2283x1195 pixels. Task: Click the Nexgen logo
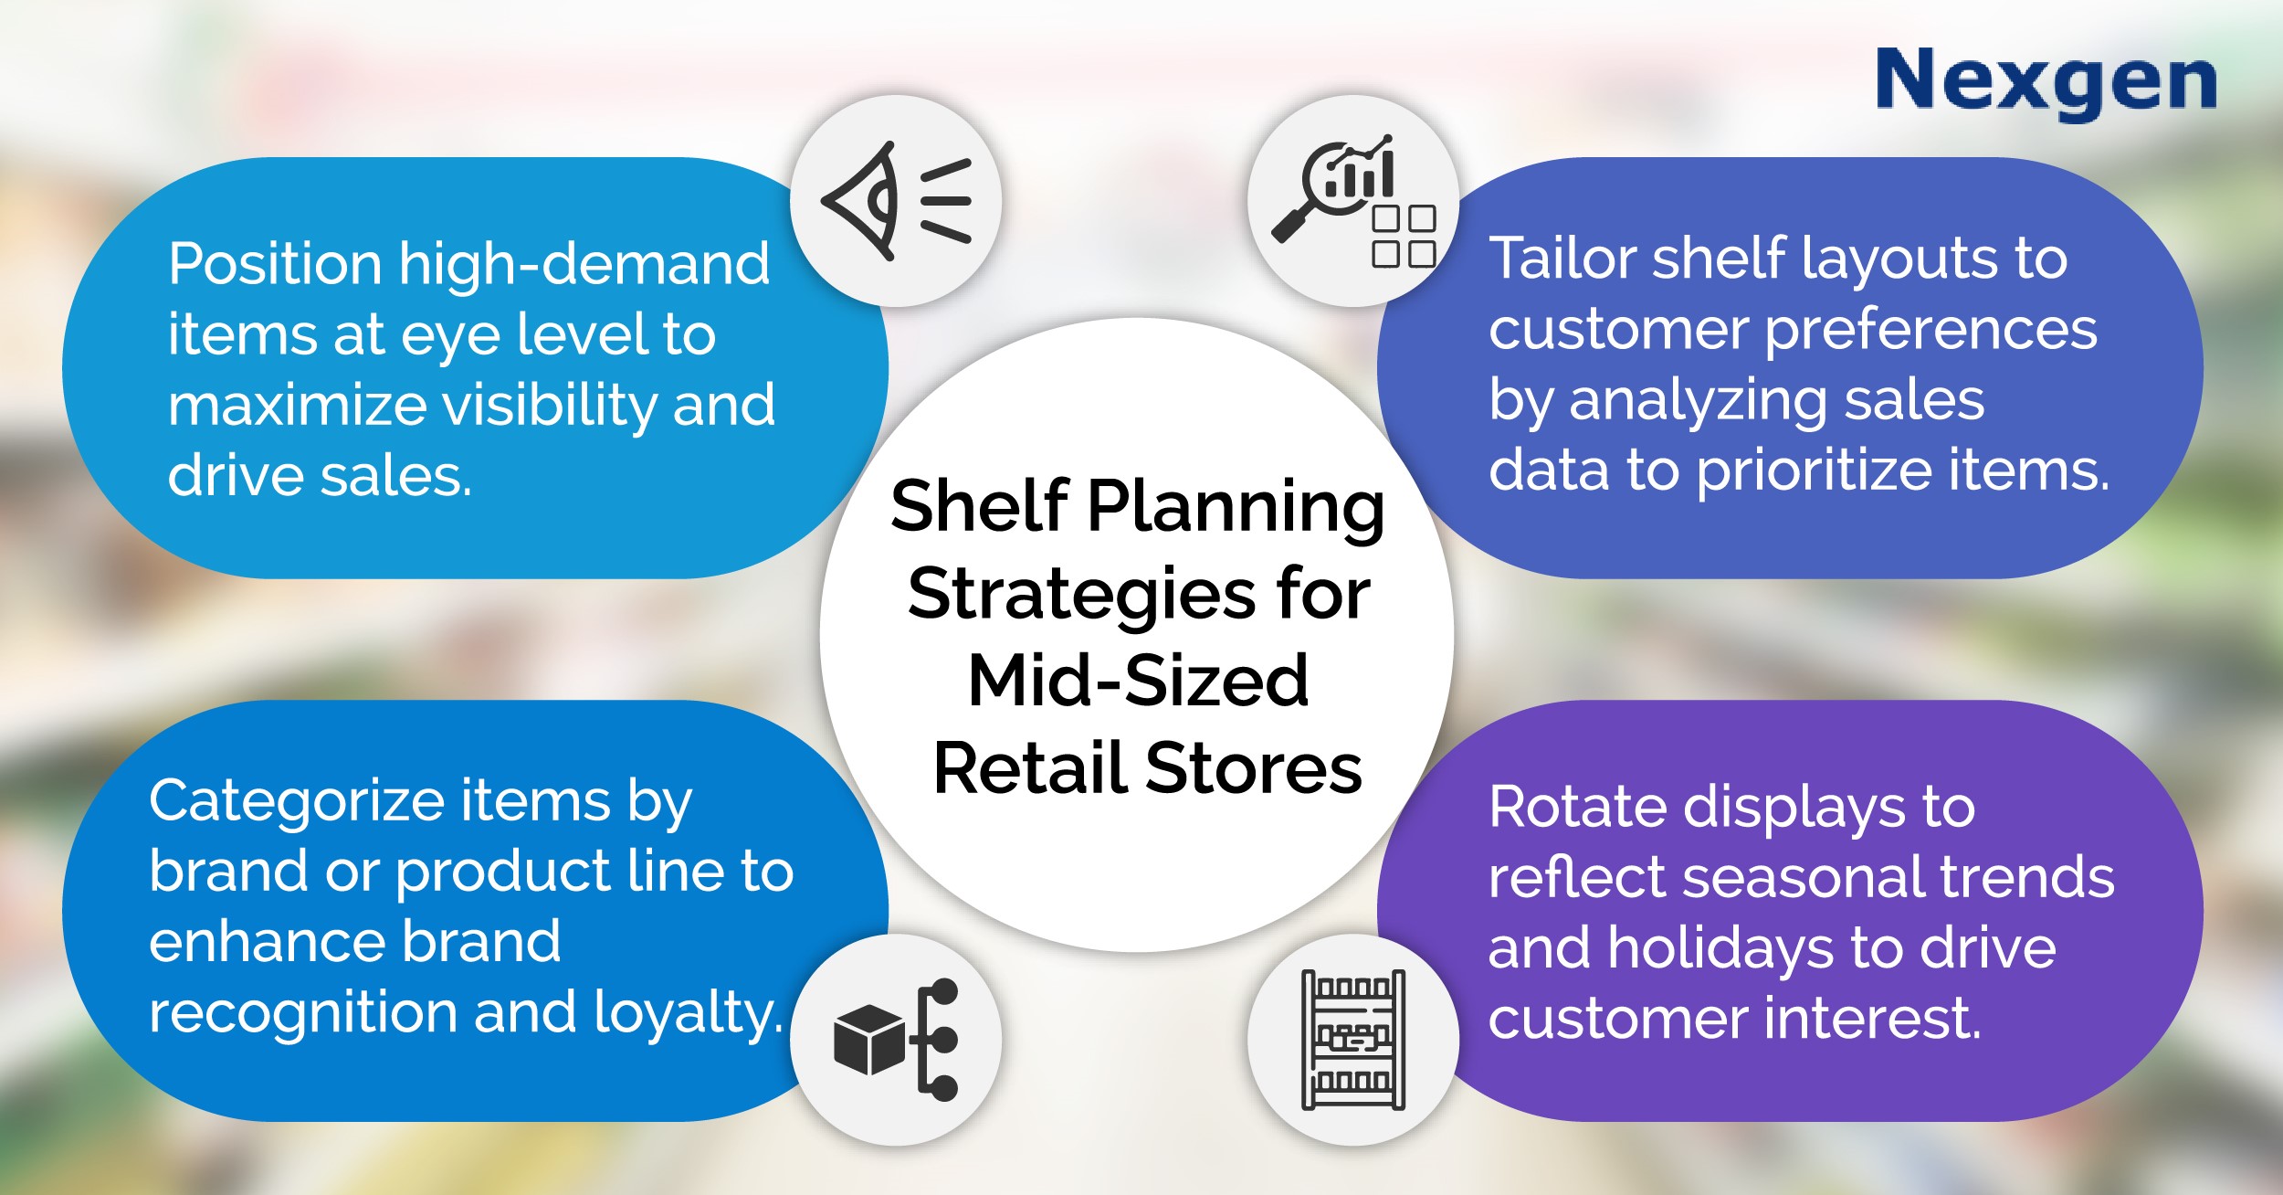(2046, 83)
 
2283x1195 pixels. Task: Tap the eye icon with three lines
(896, 201)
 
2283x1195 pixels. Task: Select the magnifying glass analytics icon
(1353, 201)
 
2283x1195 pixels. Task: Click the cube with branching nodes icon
(896, 1040)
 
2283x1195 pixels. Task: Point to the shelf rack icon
(1353, 1040)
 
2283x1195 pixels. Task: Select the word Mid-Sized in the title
(1138, 681)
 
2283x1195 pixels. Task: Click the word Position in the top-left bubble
(275, 265)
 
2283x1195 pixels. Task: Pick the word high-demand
(584, 265)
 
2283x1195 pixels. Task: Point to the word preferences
(1931, 331)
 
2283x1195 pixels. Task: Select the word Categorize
(297, 803)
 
